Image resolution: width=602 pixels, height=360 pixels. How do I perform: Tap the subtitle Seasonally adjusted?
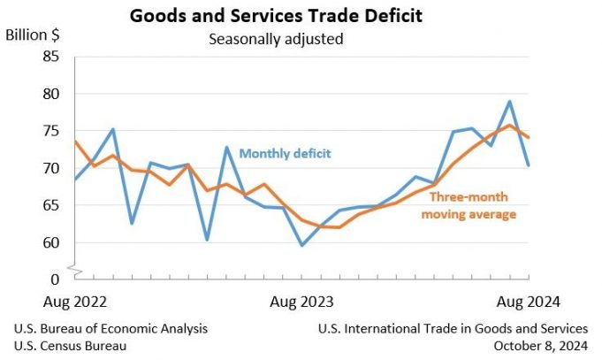pos(275,39)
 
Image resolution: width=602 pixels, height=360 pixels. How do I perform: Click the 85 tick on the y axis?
pos(50,57)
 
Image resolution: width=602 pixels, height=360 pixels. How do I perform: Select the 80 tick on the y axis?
pos(50,94)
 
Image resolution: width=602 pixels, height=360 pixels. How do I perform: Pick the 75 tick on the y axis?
pos(50,131)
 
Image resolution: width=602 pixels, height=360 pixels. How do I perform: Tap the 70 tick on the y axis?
pos(50,168)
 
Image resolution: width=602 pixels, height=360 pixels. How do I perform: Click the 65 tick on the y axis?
pos(50,205)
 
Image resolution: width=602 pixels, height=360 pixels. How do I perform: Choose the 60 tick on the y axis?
pos(50,242)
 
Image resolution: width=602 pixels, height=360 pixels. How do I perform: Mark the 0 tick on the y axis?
pos(55,280)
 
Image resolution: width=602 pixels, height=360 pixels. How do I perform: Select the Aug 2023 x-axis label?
pos(301,302)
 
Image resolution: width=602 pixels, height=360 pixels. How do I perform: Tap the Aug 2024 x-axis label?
pos(529,302)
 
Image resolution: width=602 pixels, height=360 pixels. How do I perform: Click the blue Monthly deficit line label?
pos(285,153)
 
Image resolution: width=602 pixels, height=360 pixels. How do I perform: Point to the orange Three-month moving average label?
pos(469,205)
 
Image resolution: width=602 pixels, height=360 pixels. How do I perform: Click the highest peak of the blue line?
pos(510,101)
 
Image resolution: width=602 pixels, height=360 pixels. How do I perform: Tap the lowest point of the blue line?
pos(301,245)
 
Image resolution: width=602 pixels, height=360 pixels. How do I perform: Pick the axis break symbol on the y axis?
pos(75,266)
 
